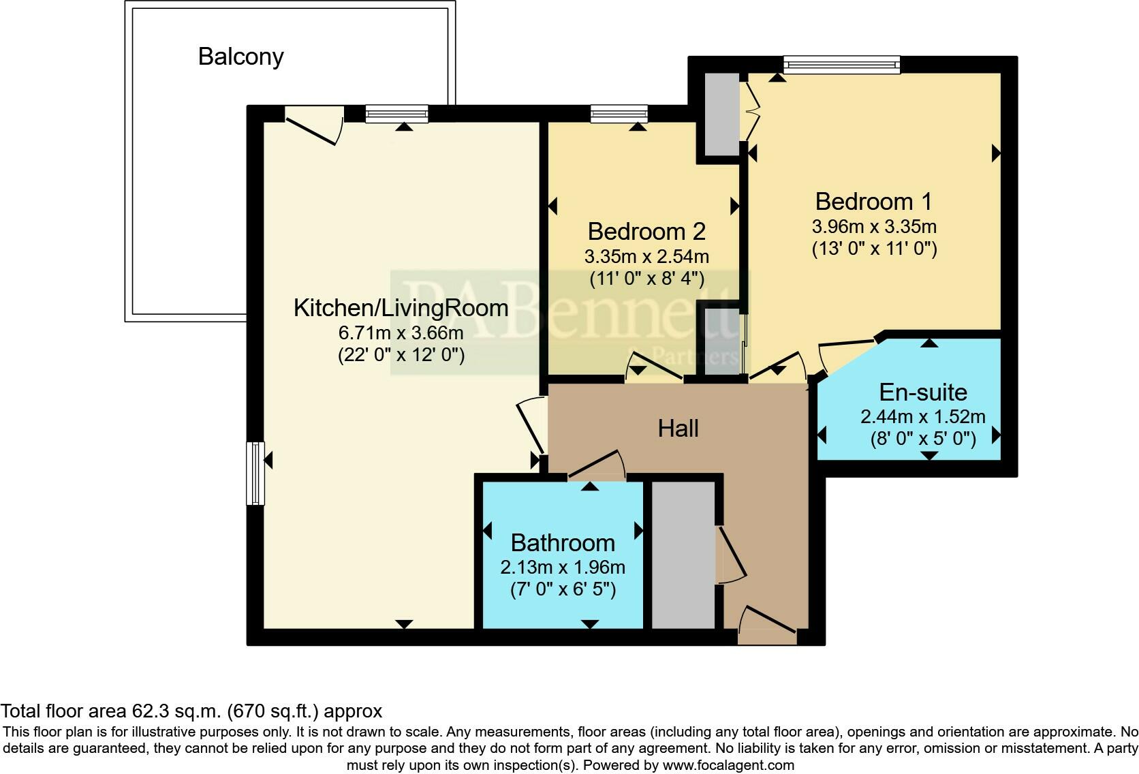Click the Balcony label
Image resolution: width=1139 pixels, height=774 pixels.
[x=240, y=57]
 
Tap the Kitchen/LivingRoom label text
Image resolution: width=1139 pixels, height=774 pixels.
[x=401, y=308]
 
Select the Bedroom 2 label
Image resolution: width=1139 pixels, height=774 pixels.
[x=646, y=232]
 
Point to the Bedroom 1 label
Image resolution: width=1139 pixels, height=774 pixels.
[x=873, y=202]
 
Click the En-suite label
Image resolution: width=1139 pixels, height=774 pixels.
[x=923, y=392]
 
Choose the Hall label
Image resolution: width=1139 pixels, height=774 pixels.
[x=678, y=429]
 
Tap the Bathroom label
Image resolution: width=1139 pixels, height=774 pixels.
[x=563, y=543]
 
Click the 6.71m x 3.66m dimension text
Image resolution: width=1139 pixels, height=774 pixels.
[x=401, y=333]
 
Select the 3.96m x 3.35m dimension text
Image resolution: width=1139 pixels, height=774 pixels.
[x=873, y=226]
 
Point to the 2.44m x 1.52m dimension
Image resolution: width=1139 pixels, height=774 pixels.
[x=923, y=417]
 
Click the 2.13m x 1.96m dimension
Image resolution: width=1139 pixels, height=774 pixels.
[x=563, y=568]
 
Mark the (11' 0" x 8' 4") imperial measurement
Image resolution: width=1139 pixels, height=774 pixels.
[x=646, y=279]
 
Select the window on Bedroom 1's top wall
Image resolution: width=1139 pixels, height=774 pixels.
[x=841, y=65]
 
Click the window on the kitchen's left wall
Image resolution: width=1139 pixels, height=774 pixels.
[x=255, y=474]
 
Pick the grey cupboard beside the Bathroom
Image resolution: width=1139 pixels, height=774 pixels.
[x=683, y=555]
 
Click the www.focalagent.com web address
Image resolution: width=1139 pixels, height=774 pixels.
[x=728, y=765]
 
